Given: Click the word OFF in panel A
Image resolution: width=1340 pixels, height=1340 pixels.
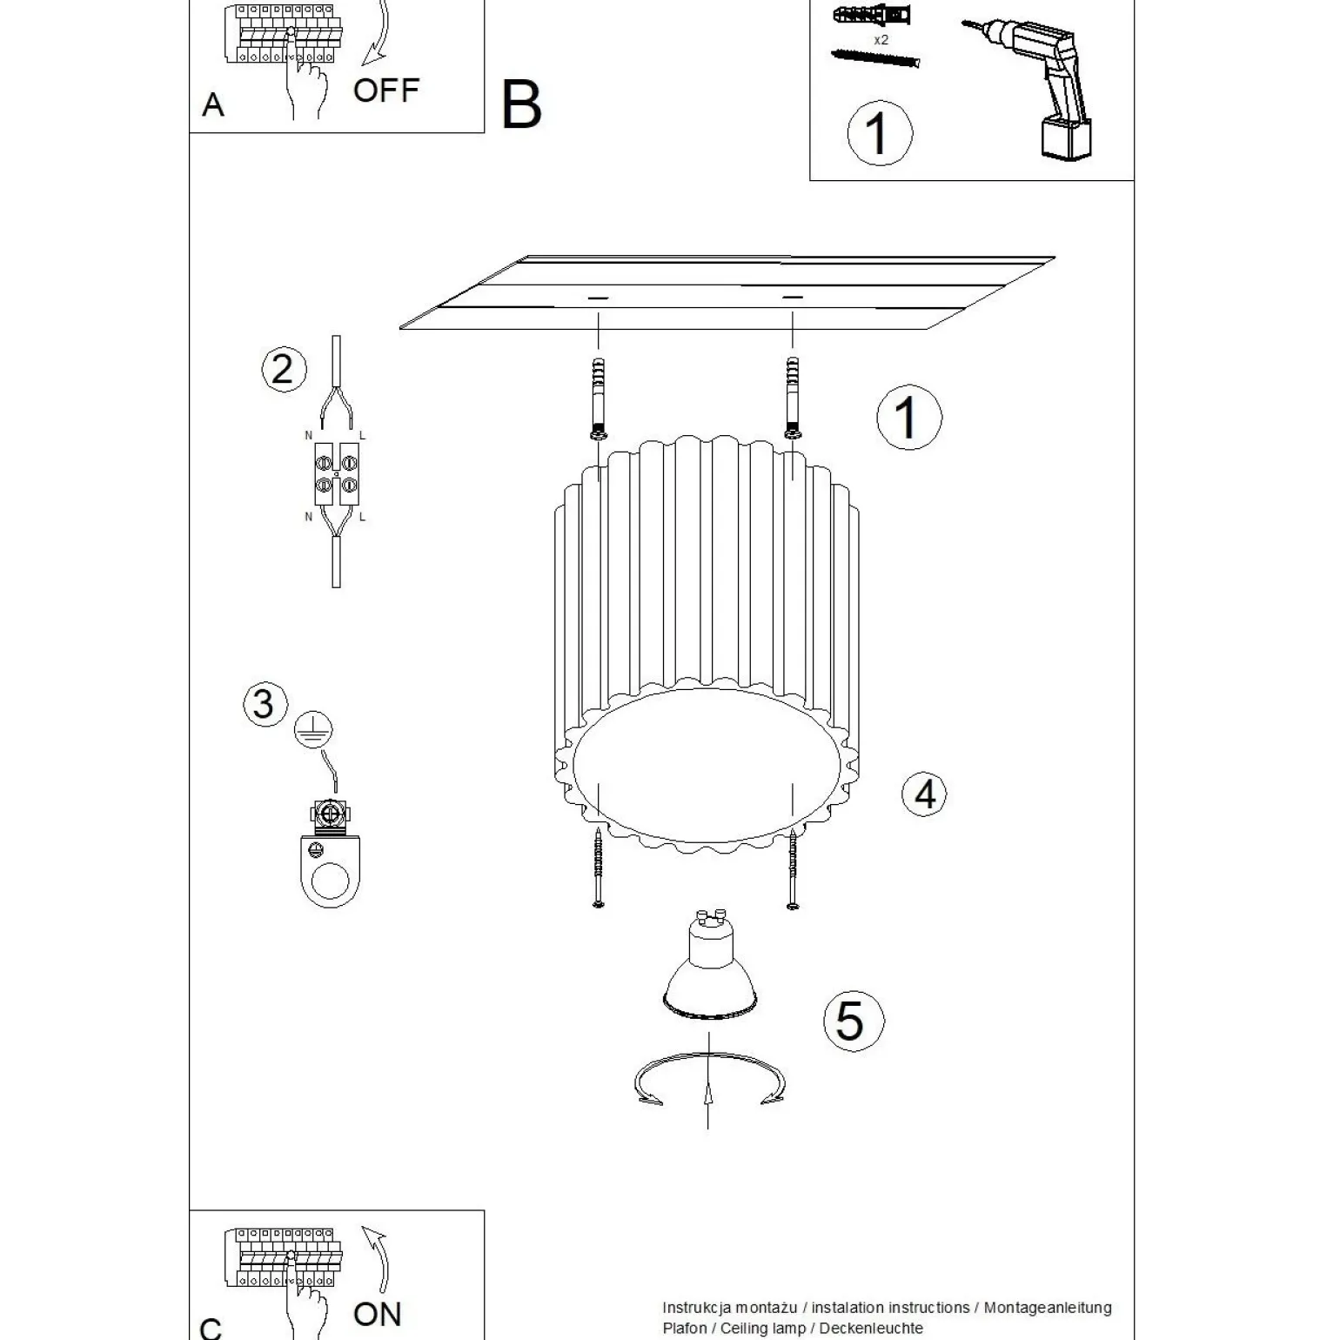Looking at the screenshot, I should [x=385, y=90].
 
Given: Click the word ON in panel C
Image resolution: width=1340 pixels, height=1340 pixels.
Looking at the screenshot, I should [x=377, y=1313].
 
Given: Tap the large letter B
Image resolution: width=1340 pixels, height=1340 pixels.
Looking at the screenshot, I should [x=521, y=106].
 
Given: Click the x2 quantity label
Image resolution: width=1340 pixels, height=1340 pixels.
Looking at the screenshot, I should [x=881, y=40].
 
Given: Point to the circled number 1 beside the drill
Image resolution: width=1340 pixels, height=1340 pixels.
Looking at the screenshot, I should [x=880, y=134].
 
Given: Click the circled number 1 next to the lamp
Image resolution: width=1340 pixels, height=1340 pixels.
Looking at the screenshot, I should [x=908, y=418].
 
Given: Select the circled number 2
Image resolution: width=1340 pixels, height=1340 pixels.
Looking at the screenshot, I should [x=284, y=369].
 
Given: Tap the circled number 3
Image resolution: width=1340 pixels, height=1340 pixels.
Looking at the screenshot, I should [x=265, y=703].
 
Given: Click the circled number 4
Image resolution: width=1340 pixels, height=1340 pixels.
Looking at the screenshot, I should [x=924, y=794].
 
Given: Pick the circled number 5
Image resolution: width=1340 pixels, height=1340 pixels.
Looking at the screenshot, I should [x=852, y=1020].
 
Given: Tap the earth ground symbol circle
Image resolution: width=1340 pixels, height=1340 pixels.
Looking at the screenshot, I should [x=312, y=729].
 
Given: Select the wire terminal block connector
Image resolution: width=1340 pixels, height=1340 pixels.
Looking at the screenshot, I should [x=336, y=474].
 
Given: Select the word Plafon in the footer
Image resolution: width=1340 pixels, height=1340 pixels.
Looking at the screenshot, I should [x=685, y=1328].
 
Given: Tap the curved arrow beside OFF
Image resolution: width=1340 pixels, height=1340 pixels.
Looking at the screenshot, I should [x=378, y=33].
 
